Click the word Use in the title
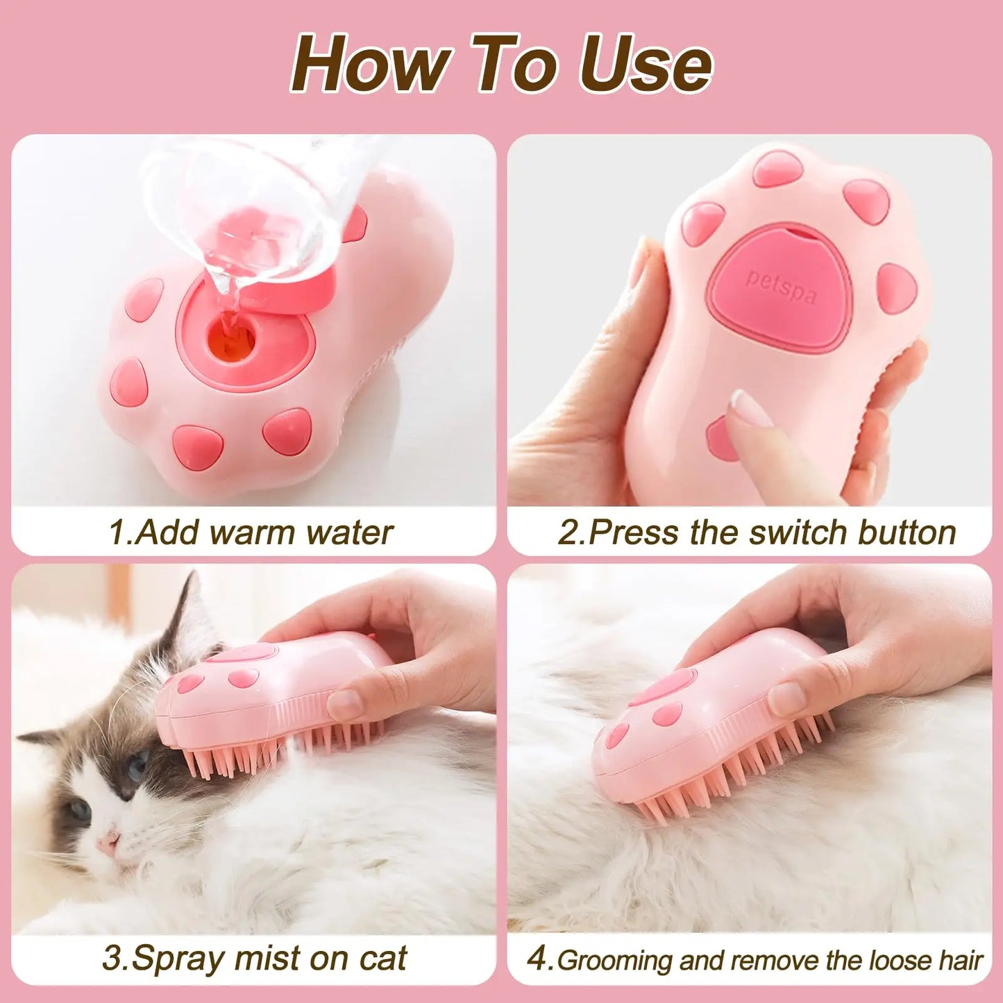pos(644,64)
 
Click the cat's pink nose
pos(108,843)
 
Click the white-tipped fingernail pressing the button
pos(751,408)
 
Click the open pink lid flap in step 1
pos(305,292)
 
